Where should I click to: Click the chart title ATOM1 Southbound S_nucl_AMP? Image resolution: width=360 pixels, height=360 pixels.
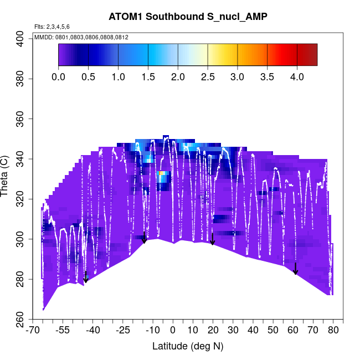pos(188,17)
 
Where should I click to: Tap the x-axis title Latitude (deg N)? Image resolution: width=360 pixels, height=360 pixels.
pos(188,346)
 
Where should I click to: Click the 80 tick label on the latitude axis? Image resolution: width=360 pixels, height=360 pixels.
pos(333,331)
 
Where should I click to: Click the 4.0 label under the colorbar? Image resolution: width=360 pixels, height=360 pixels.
pos(297,76)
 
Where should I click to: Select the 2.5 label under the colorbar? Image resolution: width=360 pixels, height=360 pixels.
pos(208,76)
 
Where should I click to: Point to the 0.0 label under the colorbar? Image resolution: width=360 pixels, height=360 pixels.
pos(58,76)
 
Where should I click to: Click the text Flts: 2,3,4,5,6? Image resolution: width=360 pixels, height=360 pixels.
pos(52,27)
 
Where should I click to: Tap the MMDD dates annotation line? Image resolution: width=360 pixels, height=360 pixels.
pos(82,37)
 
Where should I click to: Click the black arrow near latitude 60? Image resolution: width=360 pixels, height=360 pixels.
pos(296,269)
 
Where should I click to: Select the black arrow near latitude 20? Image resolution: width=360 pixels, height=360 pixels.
pos(212,239)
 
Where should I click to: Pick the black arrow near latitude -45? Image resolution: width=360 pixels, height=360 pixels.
pos(86,277)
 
